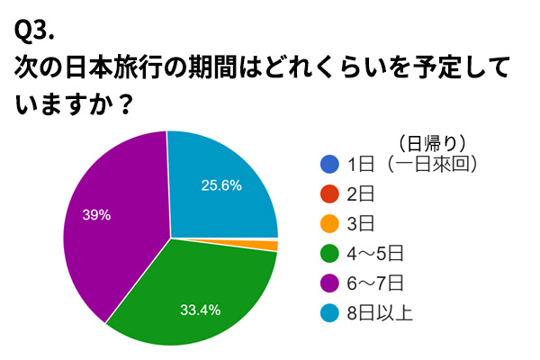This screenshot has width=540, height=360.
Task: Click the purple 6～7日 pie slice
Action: [108, 225]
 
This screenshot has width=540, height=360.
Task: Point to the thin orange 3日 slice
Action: [272, 246]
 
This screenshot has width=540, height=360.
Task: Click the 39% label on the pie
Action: [96, 214]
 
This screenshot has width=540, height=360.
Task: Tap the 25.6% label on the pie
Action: [221, 186]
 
